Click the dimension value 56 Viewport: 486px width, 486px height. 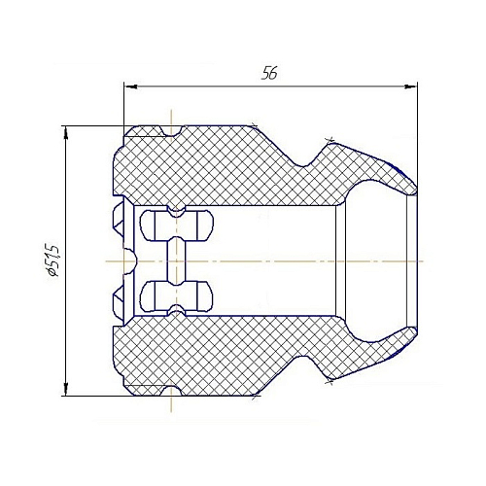click(x=269, y=73)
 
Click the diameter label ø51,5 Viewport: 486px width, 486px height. click(x=52, y=260)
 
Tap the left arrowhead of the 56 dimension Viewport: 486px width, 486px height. click(x=131, y=87)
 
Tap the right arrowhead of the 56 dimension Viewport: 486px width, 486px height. click(x=410, y=87)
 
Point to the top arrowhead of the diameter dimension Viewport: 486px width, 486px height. click(x=66, y=133)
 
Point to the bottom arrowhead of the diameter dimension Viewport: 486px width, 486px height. click(x=66, y=389)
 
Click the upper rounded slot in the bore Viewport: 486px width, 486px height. click(x=177, y=226)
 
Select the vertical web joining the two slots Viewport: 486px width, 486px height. click(x=177, y=260)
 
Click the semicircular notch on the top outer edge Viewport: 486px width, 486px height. click(x=171, y=130)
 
